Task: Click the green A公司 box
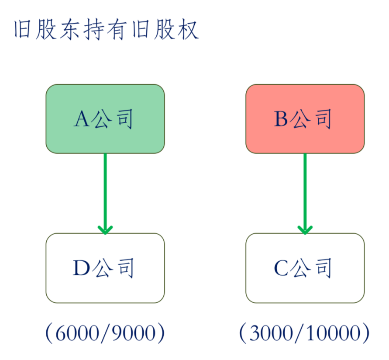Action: tap(105, 119)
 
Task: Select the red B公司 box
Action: tap(305, 119)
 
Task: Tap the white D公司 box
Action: tap(105, 268)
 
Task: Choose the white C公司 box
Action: tap(305, 268)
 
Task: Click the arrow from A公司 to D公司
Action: tap(105, 194)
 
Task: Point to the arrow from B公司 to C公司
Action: tap(305, 194)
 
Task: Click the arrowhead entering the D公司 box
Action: tap(105, 230)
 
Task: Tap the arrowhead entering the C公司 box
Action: tap(305, 230)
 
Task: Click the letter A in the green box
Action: tap(82, 119)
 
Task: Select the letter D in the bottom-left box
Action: tap(81, 268)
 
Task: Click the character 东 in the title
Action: tap(69, 29)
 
